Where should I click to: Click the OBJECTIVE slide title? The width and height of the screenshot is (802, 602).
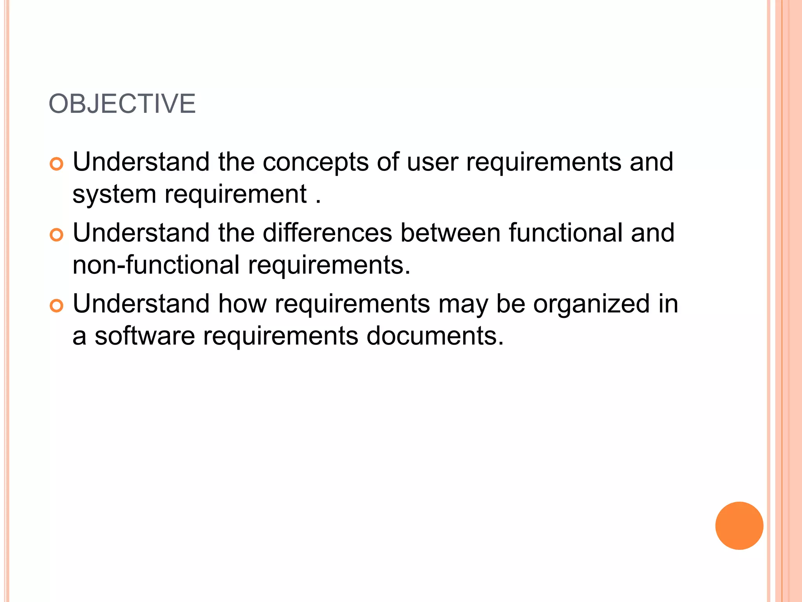[122, 104]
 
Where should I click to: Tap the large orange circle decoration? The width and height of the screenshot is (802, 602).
[739, 526]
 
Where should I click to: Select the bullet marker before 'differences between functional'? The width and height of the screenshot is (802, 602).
[57, 235]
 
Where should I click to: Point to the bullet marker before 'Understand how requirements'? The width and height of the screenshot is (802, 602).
[57, 306]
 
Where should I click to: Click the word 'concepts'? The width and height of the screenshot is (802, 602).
[315, 162]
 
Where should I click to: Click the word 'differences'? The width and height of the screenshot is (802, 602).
[327, 233]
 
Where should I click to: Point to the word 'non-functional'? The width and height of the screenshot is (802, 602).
[156, 265]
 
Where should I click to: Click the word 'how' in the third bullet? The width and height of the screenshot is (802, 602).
[242, 304]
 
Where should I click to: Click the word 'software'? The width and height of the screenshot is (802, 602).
[145, 336]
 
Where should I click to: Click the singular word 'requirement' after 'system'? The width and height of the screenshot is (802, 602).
[235, 195]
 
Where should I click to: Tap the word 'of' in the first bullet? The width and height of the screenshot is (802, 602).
[388, 162]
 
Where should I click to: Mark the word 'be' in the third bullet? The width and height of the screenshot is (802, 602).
[510, 304]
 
